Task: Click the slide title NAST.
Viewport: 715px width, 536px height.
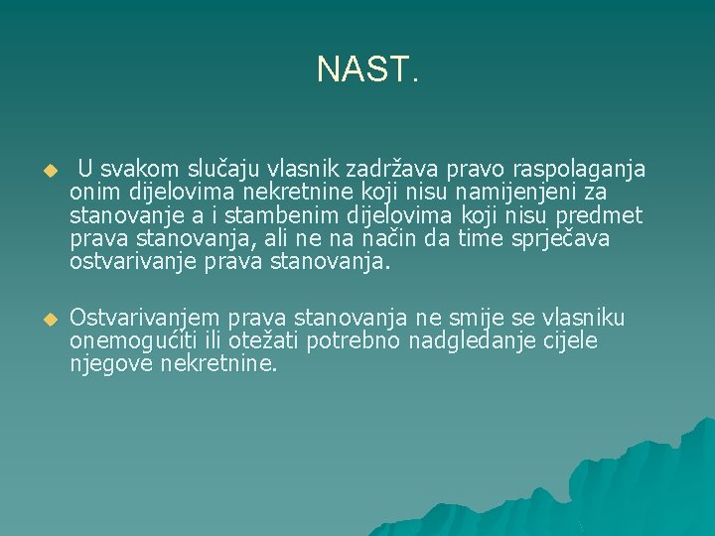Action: (367, 68)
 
